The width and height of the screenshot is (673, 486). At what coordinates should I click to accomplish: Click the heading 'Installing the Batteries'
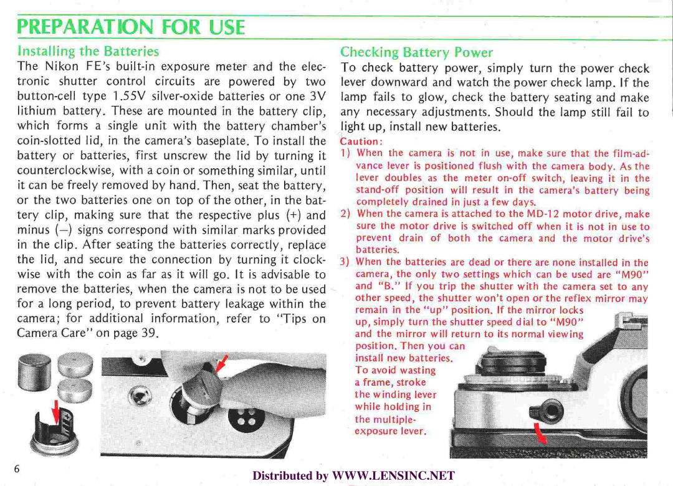(x=89, y=51)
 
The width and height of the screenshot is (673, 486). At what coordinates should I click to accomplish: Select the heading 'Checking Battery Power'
(x=416, y=52)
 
